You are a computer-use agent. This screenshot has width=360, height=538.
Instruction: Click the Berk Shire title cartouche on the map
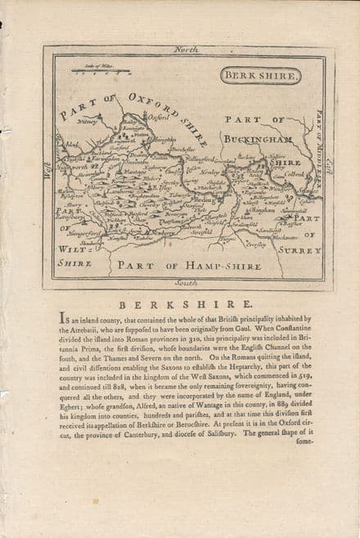coord(259,75)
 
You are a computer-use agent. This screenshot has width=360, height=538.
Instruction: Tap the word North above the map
coord(186,50)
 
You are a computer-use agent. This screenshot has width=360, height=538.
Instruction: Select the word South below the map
coord(186,282)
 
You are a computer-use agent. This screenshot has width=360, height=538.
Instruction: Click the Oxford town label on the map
coord(146,118)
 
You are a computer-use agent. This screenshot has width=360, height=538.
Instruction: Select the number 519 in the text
coord(304,369)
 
